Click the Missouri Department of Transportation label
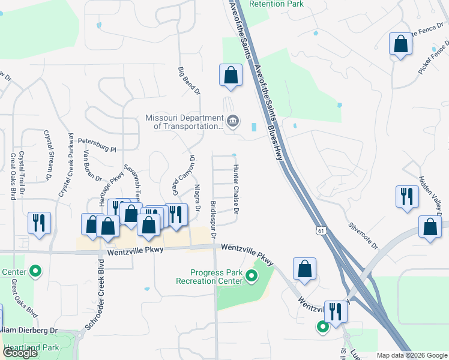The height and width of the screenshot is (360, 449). tap(184, 122)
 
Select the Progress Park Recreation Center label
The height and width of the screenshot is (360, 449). tap(209, 277)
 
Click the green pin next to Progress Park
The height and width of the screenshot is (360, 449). tap(252, 277)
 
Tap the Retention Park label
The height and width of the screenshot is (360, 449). tap(276, 4)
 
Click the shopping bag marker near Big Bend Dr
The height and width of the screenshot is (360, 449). tap(231, 76)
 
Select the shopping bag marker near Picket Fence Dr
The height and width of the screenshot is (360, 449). tap(401, 44)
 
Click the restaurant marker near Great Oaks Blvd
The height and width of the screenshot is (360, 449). tap(39, 223)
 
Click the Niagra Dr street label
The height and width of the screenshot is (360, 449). tap(196, 200)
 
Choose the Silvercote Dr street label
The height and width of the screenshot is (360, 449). tap(363, 236)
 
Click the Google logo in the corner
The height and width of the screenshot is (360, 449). tap(20, 353)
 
